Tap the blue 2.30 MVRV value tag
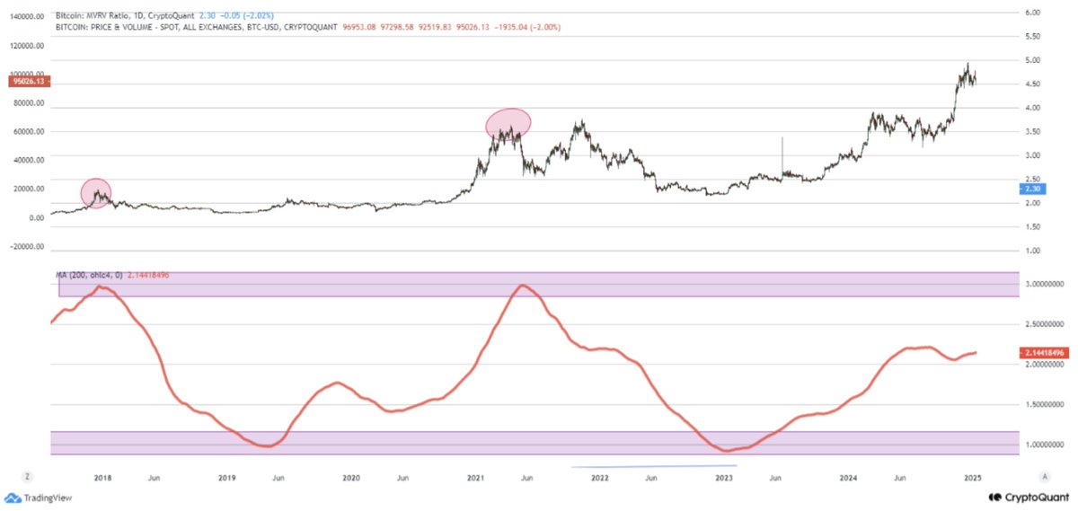tap(1030, 189)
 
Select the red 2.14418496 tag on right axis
tap(1045, 353)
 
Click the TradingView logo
tap(38, 498)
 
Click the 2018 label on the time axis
tap(102, 476)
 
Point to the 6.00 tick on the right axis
tap(1032, 13)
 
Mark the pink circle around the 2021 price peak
tap(508, 124)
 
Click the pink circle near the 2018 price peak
tap(97, 192)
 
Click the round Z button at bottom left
tap(29, 476)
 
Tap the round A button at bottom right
tap(1045, 476)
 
